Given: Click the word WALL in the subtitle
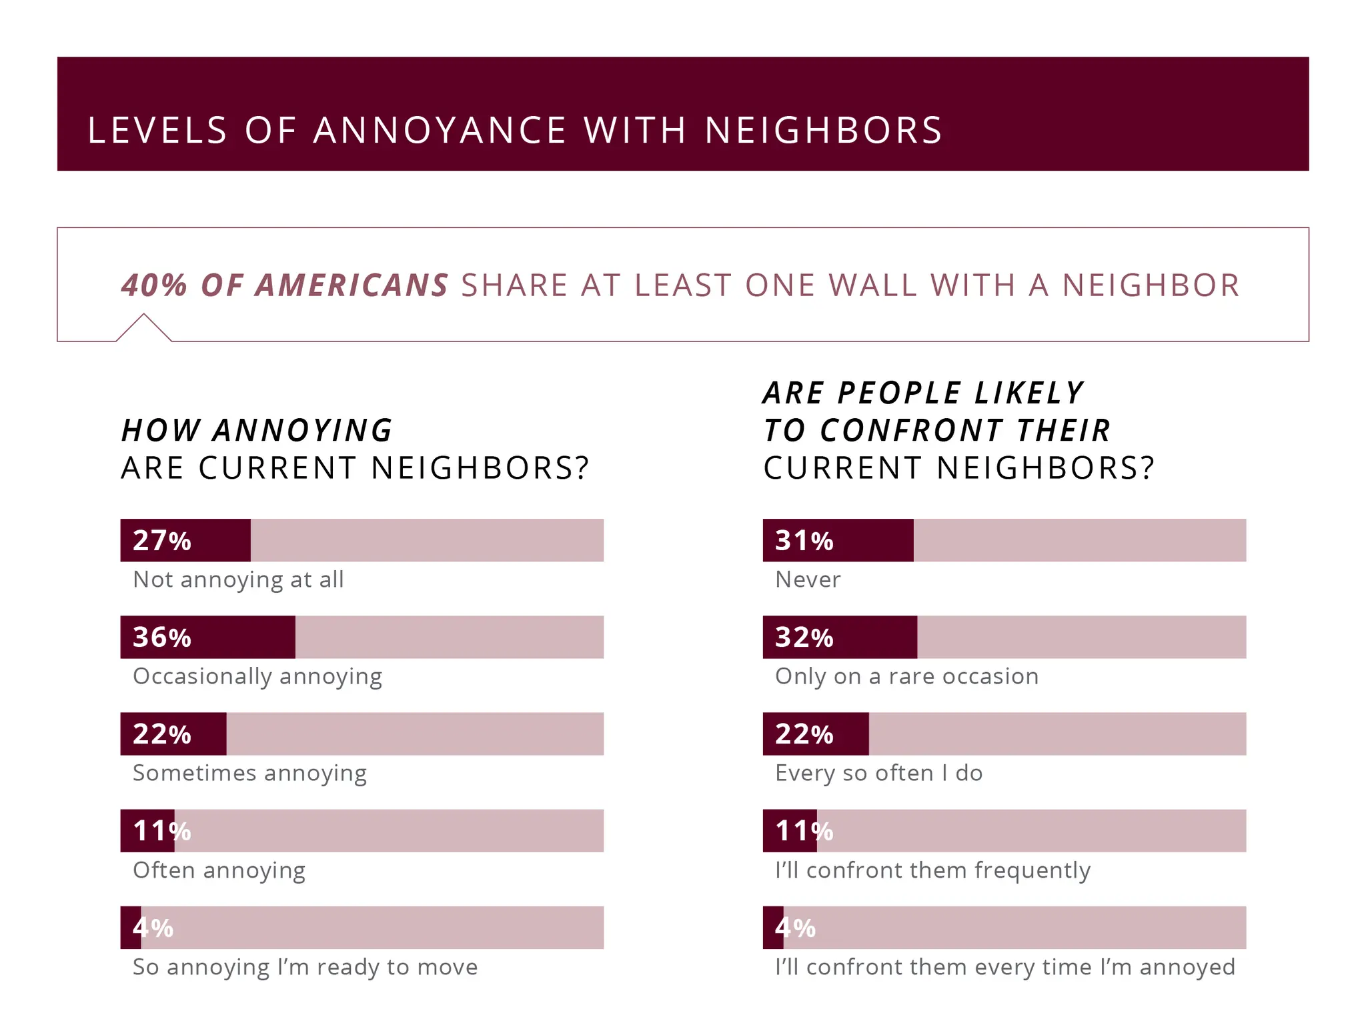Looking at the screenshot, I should click(x=870, y=285).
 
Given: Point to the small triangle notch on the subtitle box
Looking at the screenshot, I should click(x=143, y=327).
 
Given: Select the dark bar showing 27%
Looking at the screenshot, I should click(x=185, y=540).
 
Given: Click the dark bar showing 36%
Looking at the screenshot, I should click(x=207, y=637).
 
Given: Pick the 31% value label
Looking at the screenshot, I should click(x=804, y=540).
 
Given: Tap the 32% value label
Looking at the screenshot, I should click(x=804, y=637).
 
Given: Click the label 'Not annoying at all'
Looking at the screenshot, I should click(x=238, y=580).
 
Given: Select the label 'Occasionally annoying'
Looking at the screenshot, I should click(x=257, y=676).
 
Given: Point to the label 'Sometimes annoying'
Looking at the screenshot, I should click(x=249, y=773).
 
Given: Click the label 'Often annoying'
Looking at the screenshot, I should click(x=219, y=870).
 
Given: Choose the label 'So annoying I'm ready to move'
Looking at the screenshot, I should click(x=305, y=967).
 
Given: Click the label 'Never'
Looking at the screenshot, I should click(x=807, y=580).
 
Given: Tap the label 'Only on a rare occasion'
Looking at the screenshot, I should click(x=906, y=676).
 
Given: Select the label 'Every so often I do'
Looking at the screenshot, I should click(x=878, y=773).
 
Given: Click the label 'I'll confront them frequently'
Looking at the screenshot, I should click(x=932, y=870).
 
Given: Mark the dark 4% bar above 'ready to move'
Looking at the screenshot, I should click(x=131, y=928).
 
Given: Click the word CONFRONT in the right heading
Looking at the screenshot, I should click(x=911, y=430).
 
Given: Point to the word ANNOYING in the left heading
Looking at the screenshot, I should click(x=303, y=430).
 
